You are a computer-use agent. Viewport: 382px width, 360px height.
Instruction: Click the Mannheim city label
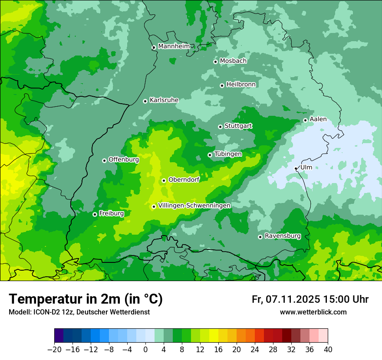[174, 46]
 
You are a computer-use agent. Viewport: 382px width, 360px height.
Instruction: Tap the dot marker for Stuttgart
[220, 127]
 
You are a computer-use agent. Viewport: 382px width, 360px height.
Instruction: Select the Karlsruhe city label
[164, 100]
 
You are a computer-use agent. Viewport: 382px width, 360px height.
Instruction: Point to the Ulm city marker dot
[296, 168]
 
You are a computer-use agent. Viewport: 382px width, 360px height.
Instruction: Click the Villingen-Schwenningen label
[194, 206]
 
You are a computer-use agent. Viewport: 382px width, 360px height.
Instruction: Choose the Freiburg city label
[111, 213]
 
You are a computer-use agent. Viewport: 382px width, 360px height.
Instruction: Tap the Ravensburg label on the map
[282, 236]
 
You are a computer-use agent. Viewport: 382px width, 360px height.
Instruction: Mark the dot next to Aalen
[305, 120]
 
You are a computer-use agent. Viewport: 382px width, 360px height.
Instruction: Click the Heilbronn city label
[241, 85]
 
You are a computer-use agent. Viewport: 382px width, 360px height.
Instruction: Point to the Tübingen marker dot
[210, 155]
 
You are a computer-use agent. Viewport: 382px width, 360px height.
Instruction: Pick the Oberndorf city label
[184, 180]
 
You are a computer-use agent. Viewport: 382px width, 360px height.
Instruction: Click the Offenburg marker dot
[104, 160]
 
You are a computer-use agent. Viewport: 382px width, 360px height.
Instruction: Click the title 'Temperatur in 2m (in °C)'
[86, 299]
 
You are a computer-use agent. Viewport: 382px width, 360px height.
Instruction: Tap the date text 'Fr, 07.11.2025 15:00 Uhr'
[310, 299]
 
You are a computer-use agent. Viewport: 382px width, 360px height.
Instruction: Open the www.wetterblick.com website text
[313, 312]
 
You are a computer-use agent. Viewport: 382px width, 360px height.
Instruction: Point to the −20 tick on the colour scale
[54, 350]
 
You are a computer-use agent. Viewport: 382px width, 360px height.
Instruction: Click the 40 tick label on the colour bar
[328, 350]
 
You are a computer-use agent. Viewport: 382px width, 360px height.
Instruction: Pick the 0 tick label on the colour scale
[145, 350]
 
